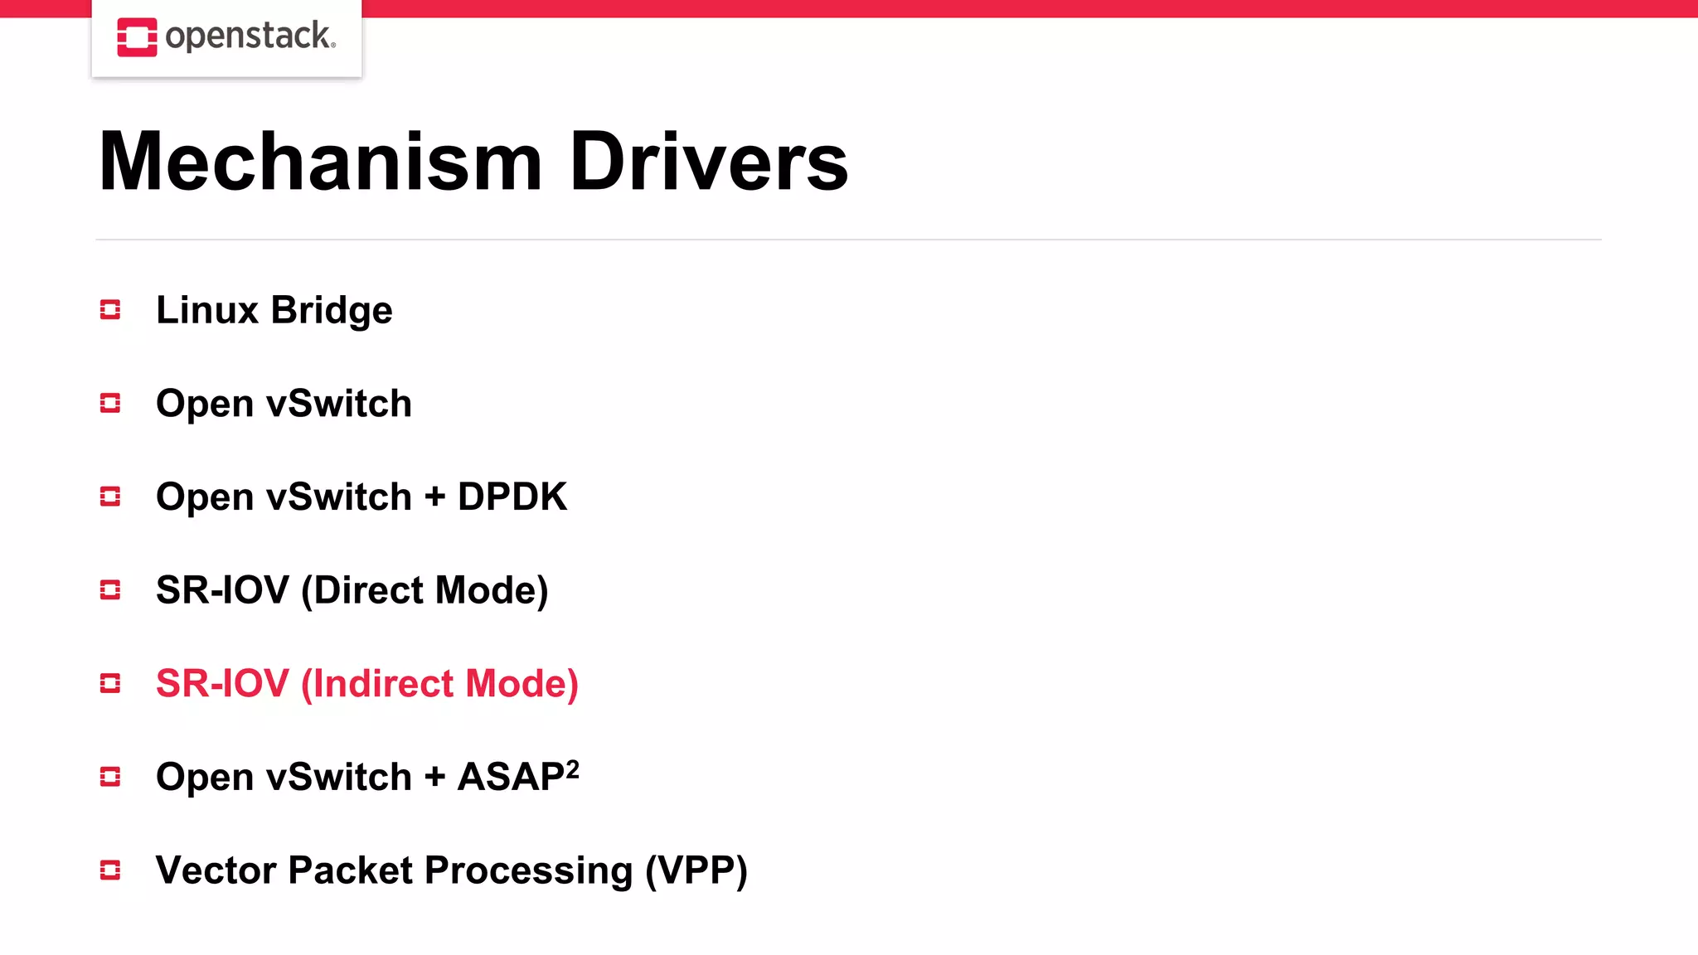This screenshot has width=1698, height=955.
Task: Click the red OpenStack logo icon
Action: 137,37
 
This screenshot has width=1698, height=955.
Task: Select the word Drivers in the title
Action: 709,162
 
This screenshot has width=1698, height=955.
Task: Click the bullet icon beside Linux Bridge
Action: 110,310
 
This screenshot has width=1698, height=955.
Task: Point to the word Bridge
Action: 332,311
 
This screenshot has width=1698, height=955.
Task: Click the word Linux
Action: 207,310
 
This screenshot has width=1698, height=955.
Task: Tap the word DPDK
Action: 512,497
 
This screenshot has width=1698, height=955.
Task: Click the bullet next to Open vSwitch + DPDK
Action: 110,497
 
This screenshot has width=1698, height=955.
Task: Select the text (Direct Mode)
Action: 424,590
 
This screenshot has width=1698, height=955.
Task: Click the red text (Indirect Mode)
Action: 439,684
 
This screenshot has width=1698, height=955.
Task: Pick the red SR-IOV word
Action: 222,684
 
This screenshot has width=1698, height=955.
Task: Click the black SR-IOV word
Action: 222,590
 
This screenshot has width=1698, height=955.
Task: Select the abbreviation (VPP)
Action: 696,870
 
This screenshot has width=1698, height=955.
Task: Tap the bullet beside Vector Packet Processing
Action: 110,870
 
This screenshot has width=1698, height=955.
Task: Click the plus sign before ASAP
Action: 434,778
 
